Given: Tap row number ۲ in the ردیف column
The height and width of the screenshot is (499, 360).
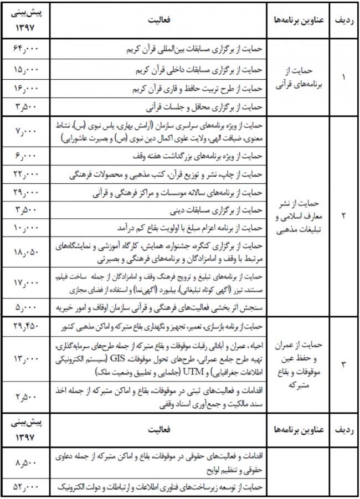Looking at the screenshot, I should (343, 216).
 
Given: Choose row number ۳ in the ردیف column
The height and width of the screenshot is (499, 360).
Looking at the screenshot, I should (343, 363).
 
